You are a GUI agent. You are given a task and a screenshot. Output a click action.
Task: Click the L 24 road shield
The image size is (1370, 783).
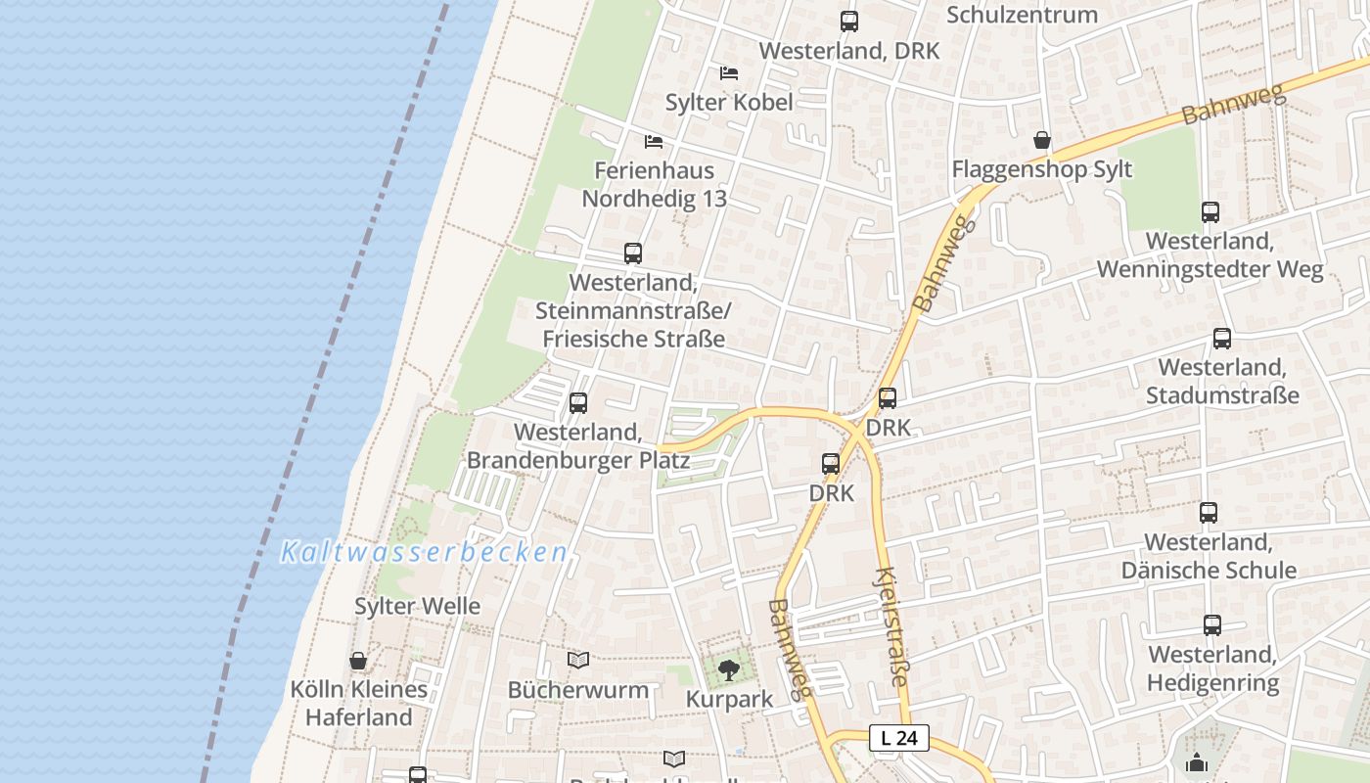tap(898, 738)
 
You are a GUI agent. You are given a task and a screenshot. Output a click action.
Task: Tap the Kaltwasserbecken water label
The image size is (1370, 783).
tap(424, 553)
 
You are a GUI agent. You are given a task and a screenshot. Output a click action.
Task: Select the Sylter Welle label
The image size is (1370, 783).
tap(417, 606)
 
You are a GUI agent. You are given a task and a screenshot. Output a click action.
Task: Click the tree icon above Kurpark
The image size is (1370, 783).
tap(728, 670)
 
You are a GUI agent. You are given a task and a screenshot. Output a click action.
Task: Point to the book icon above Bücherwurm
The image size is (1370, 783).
tap(578, 661)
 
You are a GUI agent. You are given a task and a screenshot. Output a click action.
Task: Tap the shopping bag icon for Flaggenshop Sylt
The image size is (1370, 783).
tap(1042, 140)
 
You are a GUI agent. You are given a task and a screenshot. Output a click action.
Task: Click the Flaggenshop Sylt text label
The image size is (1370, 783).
tap(1042, 169)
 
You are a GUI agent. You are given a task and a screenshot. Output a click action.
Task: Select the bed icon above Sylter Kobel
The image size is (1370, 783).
tap(728, 73)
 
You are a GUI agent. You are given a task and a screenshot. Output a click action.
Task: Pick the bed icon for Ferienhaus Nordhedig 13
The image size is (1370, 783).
tap(654, 142)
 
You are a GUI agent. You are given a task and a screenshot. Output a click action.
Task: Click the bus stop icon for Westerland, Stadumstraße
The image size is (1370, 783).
tap(1222, 339)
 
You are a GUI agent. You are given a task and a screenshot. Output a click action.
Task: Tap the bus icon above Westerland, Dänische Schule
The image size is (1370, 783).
tap(1209, 512)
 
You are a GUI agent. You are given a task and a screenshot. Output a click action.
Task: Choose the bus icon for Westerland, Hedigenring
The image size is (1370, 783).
tap(1212, 624)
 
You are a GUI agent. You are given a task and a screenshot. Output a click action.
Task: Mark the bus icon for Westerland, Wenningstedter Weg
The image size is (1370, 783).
tap(1210, 211)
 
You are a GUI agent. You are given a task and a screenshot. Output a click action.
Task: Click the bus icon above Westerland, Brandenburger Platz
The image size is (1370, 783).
tap(578, 402)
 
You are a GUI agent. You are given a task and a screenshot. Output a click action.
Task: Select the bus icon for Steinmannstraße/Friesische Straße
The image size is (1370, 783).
tap(633, 253)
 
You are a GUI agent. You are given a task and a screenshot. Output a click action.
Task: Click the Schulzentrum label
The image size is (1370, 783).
tap(1022, 15)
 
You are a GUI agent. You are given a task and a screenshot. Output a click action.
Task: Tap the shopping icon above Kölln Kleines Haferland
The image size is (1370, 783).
tap(358, 661)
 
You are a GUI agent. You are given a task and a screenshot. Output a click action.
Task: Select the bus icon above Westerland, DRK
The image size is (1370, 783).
tap(849, 21)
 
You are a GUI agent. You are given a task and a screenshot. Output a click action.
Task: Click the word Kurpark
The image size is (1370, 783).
tap(729, 700)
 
